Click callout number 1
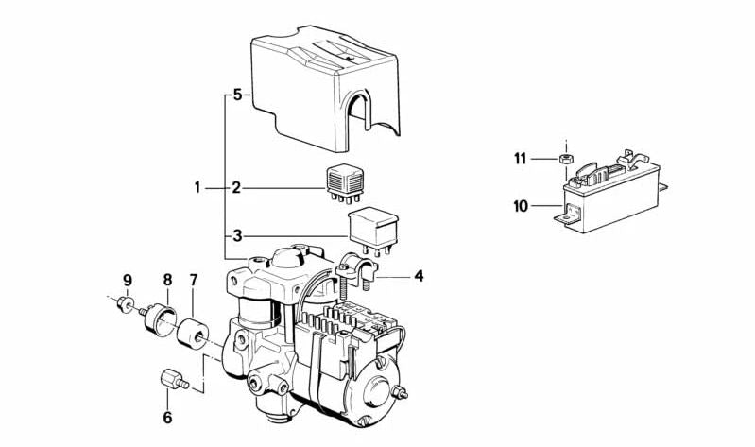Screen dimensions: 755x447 197,187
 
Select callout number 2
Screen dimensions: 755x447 236,187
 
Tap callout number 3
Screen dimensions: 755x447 237,236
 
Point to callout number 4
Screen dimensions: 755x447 419,277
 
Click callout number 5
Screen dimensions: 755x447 237,95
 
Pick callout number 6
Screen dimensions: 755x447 167,418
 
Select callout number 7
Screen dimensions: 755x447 193,280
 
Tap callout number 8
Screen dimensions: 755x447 167,280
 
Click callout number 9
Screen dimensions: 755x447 128,280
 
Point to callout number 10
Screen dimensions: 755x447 521,207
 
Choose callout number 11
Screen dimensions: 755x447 520,159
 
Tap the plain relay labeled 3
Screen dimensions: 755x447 372,230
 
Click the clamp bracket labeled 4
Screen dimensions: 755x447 355,273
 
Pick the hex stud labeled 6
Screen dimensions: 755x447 174,379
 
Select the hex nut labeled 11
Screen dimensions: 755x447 566,159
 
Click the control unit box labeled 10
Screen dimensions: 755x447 610,193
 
